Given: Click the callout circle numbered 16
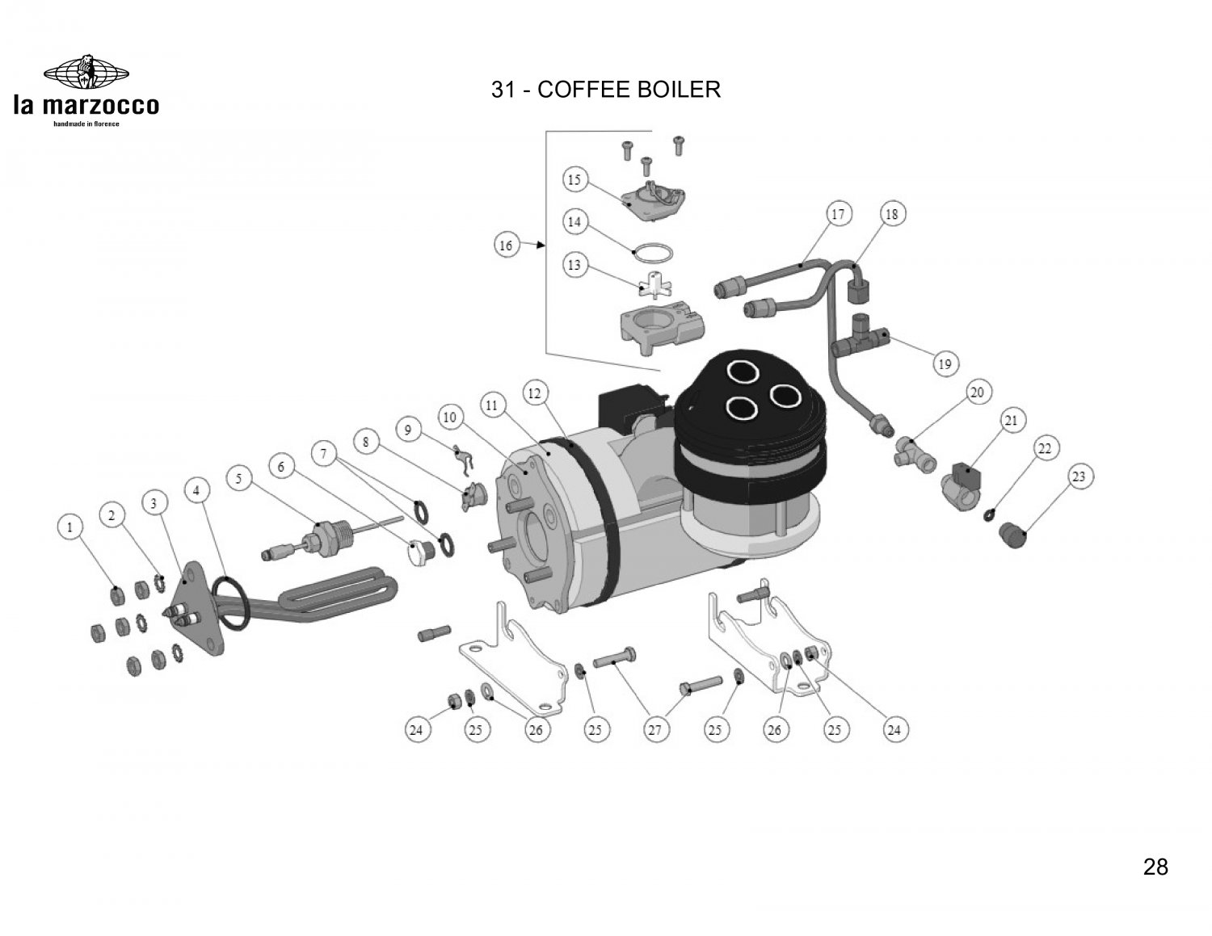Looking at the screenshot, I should (506, 245).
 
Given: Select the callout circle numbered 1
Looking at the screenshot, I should (71, 528).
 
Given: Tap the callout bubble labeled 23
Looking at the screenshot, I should (1079, 476).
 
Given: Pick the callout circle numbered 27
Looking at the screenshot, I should (654, 730).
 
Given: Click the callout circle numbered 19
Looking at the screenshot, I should (944, 364).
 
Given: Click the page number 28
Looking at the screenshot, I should (1155, 867).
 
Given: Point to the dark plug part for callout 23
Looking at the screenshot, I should (1012, 533).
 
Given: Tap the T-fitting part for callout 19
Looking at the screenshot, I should (859, 341).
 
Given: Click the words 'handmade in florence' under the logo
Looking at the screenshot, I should (86, 124).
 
